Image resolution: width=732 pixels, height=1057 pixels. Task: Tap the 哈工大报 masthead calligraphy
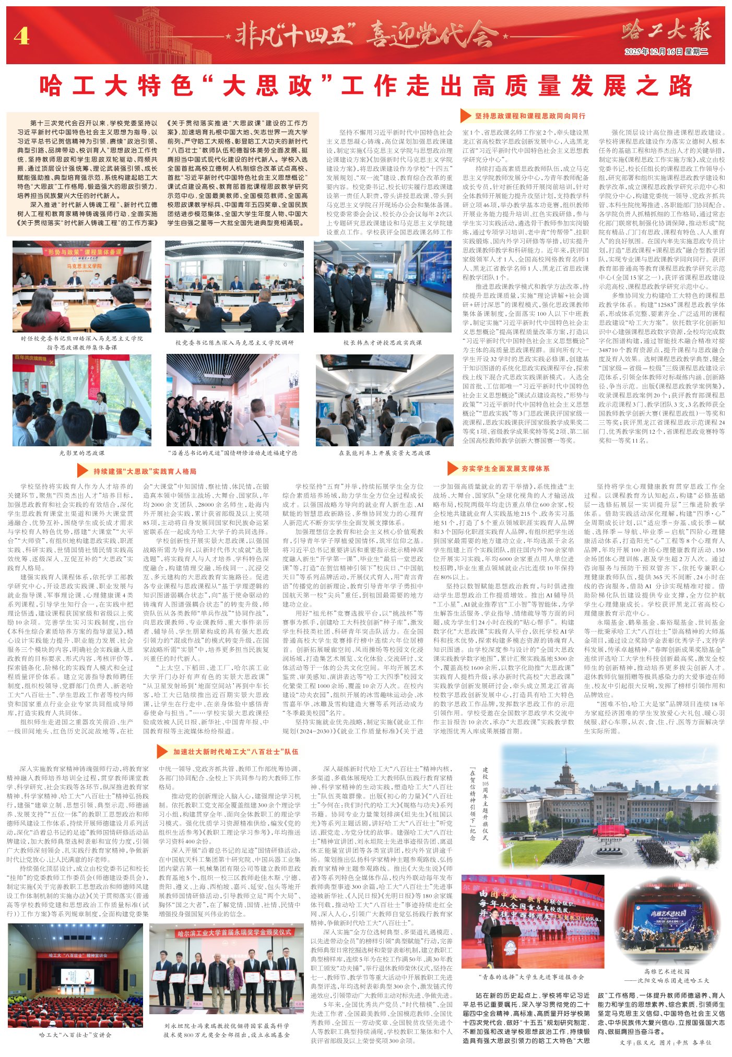(x=666, y=31)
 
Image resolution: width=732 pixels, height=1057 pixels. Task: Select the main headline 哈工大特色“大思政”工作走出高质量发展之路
(x=365, y=86)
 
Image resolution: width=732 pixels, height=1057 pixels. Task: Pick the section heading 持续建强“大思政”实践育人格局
(x=145, y=471)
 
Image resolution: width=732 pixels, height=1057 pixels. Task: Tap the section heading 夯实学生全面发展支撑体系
(x=505, y=469)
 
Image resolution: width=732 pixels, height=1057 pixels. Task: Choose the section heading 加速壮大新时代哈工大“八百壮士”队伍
(x=235, y=752)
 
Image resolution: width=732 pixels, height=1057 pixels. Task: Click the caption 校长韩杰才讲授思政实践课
(x=382, y=343)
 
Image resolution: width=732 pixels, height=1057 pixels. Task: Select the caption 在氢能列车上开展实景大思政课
(x=384, y=453)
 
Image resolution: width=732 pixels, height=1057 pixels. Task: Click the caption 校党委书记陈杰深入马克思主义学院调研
(x=234, y=343)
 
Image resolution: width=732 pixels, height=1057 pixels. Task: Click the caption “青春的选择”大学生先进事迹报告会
(x=532, y=977)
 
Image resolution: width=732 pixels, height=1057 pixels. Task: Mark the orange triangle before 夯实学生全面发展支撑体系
(x=452, y=469)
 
